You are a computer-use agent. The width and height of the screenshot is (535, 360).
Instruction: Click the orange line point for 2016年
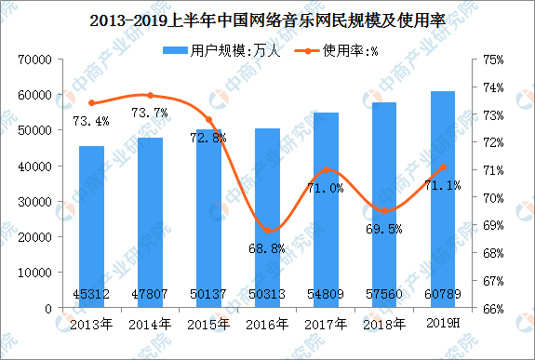268,231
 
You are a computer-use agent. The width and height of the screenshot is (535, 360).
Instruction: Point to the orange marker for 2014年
150,95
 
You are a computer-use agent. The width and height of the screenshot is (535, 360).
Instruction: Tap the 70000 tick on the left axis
32,60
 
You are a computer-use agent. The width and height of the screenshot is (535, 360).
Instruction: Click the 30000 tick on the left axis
32,202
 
